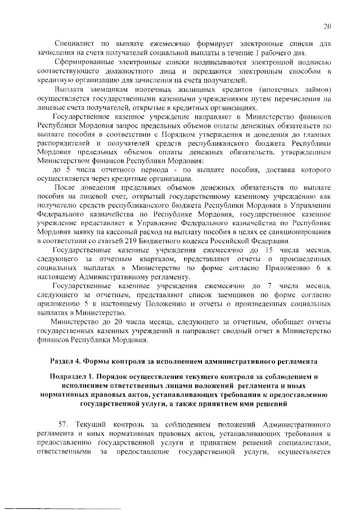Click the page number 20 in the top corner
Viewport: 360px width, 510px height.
327,26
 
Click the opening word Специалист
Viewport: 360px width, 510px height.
73,44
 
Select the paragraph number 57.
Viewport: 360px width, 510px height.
65,422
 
